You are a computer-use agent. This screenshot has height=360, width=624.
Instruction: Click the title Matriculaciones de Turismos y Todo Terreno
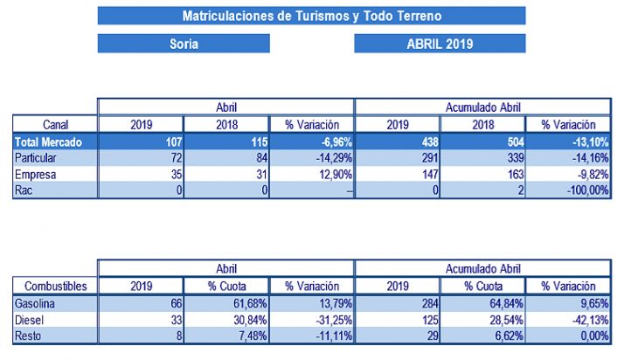pyautogui.click(x=312, y=16)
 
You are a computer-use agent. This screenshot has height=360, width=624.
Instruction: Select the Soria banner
pyautogui.click(x=183, y=44)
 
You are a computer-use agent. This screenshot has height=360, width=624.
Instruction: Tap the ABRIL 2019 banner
pyautogui.click(x=440, y=44)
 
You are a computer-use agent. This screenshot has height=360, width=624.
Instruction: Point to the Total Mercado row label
pyautogui.click(x=49, y=141)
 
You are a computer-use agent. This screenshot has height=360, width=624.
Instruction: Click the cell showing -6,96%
pyautogui.click(x=311, y=141)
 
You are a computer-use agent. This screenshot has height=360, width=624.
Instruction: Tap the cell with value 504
pyautogui.click(x=482, y=141)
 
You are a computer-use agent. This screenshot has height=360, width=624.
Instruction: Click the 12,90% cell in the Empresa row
pyautogui.click(x=311, y=174)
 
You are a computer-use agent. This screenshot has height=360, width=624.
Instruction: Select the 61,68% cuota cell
pyautogui.click(x=225, y=301)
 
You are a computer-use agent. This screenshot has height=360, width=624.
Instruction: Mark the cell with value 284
pyautogui.click(x=397, y=301)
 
